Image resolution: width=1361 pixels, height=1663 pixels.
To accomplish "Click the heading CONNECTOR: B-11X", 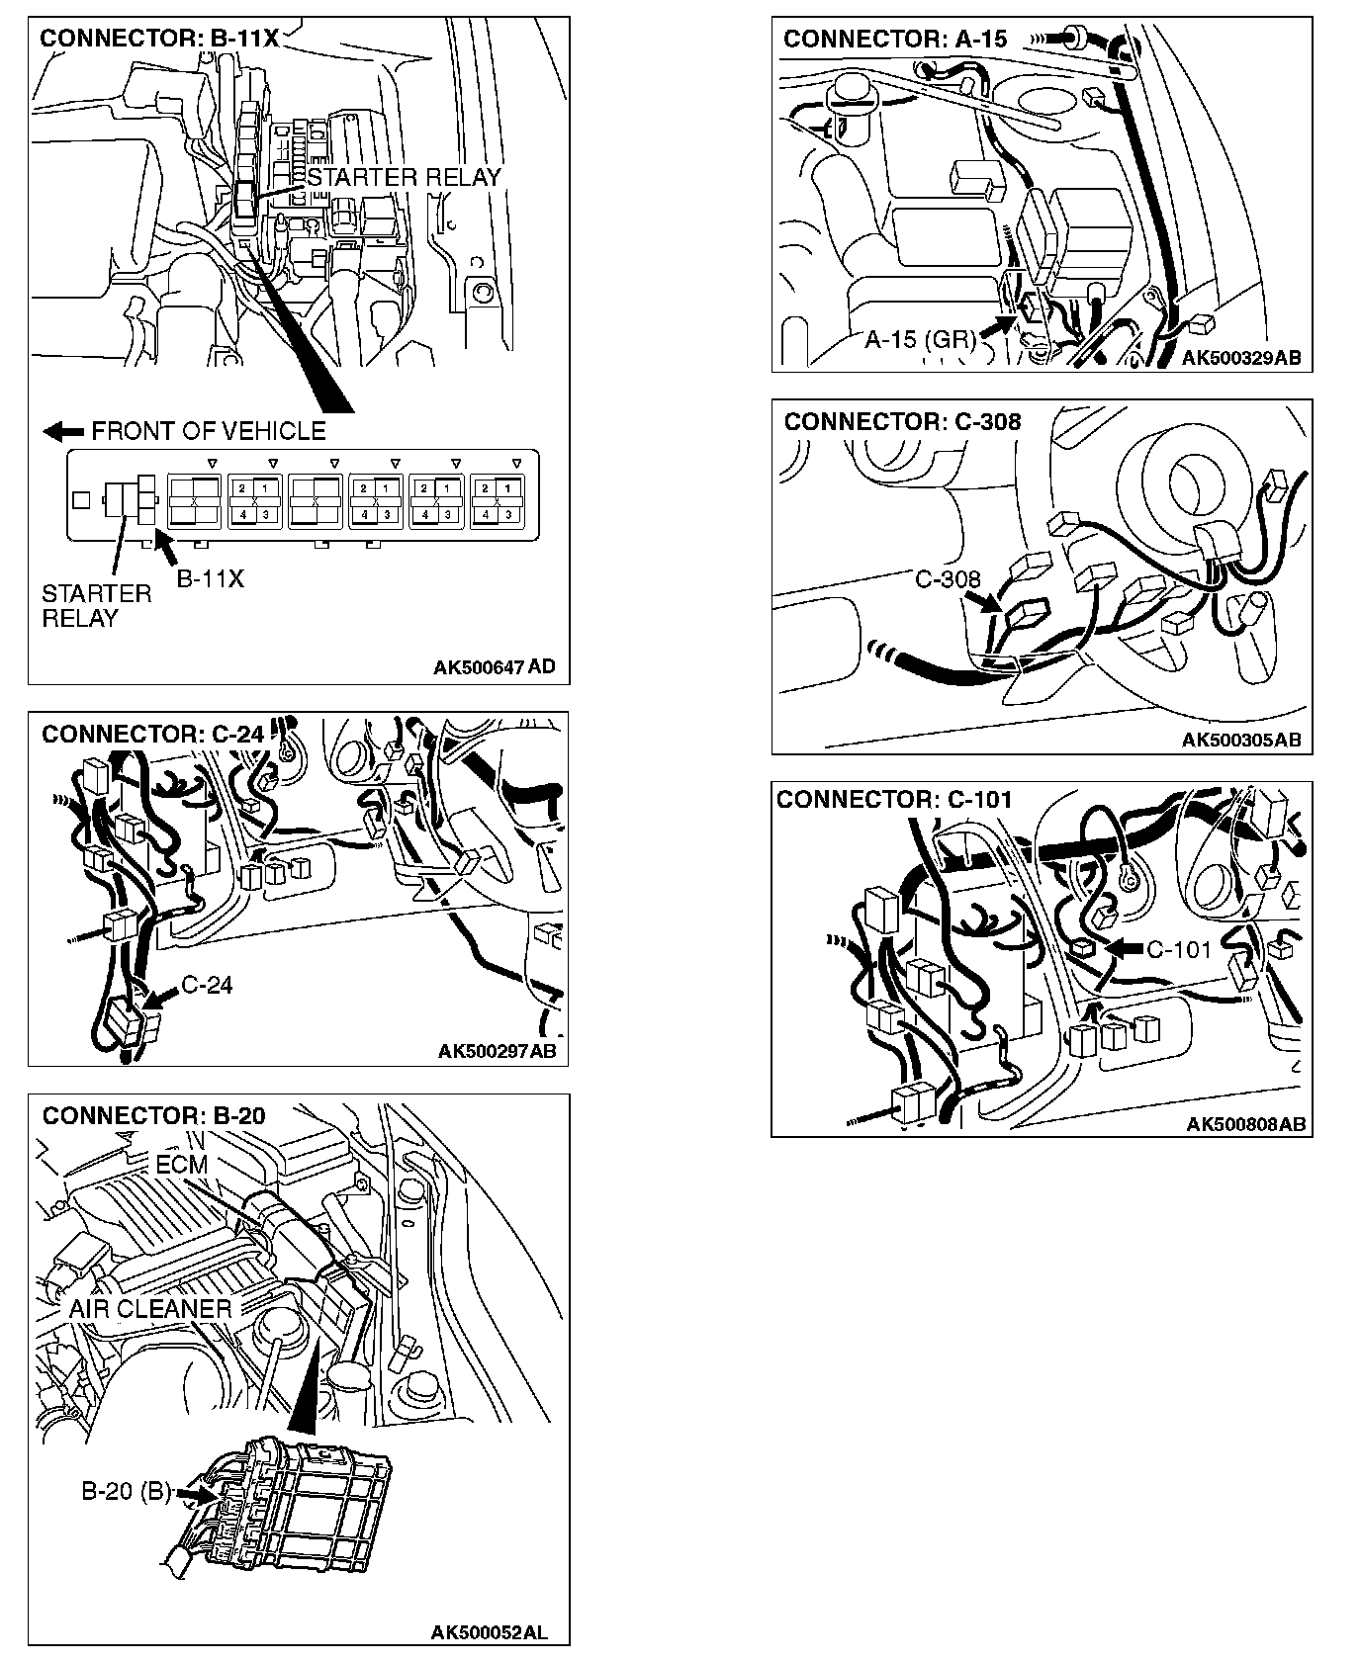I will [x=159, y=39].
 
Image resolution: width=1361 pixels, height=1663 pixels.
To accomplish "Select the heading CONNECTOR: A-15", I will [x=894, y=40].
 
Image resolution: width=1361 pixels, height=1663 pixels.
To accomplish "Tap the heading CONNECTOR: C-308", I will [x=902, y=422].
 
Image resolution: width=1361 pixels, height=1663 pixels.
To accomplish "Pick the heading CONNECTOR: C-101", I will [x=894, y=800].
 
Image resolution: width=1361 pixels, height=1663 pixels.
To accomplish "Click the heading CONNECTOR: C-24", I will [x=153, y=734].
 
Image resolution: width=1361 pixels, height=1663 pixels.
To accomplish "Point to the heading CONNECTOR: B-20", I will [x=153, y=1115].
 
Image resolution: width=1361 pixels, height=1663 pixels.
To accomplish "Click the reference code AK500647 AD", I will [x=494, y=667].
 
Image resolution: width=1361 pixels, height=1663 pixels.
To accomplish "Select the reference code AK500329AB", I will [x=1241, y=358].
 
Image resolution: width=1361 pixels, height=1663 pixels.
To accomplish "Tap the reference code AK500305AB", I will [x=1241, y=740].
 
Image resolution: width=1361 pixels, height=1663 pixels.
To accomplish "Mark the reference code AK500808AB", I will [x=1245, y=1123].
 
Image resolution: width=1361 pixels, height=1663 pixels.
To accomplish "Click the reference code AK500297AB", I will [x=497, y=1051].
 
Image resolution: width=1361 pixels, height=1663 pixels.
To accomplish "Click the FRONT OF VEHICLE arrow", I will [x=64, y=432].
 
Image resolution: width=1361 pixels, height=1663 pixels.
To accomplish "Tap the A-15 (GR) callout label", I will [x=920, y=340].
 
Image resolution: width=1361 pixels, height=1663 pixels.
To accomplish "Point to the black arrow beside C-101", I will [x=1122, y=948].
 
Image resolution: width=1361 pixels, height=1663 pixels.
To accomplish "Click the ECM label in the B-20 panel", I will [x=182, y=1165].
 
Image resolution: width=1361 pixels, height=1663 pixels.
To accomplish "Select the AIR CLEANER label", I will [x=150, y=1309].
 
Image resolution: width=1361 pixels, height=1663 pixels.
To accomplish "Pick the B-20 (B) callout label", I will [x=127, y=1491].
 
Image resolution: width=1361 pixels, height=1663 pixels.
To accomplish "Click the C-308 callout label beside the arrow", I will [x=947, y=578].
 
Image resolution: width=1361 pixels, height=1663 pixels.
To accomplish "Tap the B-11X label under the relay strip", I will [x=210, y=579].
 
